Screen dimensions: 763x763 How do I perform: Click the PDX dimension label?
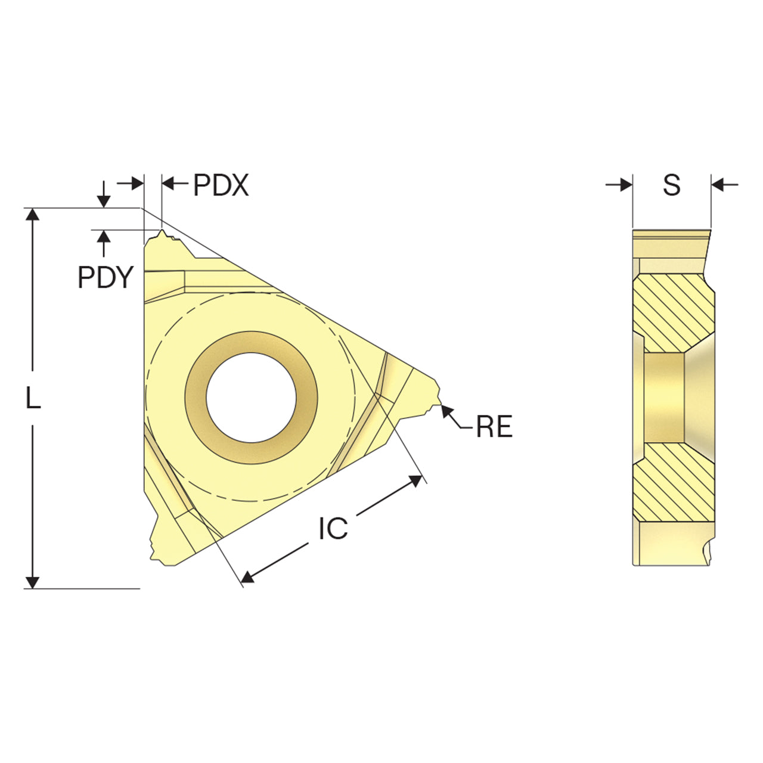click(221, 185)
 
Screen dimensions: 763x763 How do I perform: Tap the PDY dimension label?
click(106, 277)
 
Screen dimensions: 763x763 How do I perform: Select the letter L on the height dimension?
click(33, 398)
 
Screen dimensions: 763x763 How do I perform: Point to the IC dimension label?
click(333, 529)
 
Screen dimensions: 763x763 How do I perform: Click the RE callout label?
click(494, 426)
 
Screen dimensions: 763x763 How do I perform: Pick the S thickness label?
click(672, 185)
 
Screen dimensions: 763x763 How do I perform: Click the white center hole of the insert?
click(251, 398)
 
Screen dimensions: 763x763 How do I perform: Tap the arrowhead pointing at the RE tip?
click(446, 411)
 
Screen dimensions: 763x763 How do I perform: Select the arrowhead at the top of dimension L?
click(32, 214)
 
